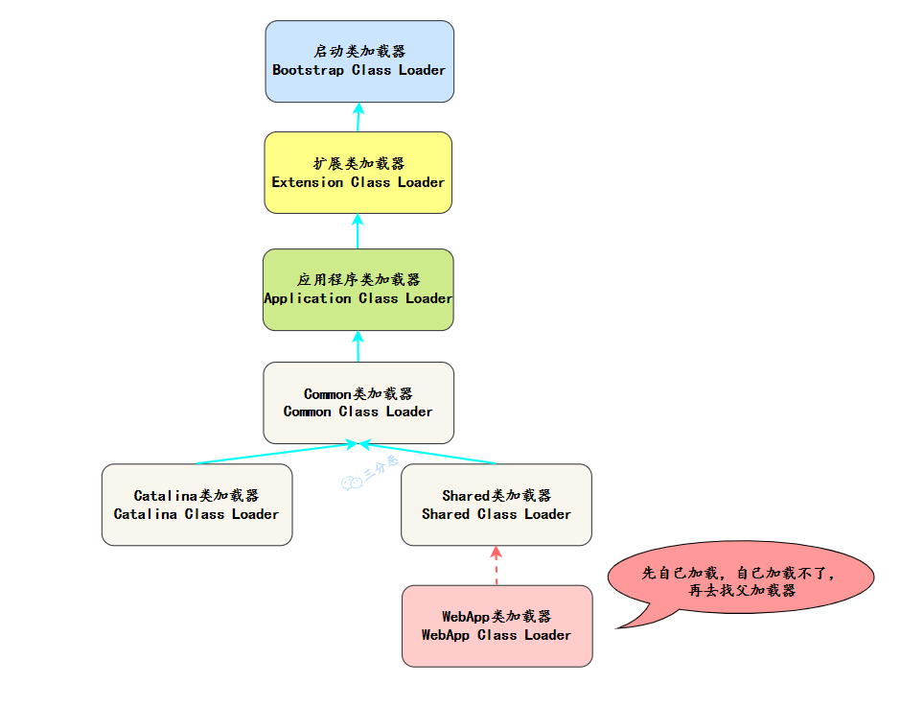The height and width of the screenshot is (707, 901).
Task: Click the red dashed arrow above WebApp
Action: (x=496, y=566)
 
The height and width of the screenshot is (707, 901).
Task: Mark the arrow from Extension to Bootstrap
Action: (x=358, y=117)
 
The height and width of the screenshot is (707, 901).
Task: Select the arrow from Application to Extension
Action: (x=358, y=231)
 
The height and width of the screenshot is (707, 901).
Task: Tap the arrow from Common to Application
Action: (x=358, y=346)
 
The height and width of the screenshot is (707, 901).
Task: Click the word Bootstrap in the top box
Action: (x=308, y=70)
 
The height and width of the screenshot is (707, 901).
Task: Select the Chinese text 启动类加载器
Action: (x=358, y=52)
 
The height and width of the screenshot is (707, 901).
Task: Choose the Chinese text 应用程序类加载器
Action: (x=358, y=280)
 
